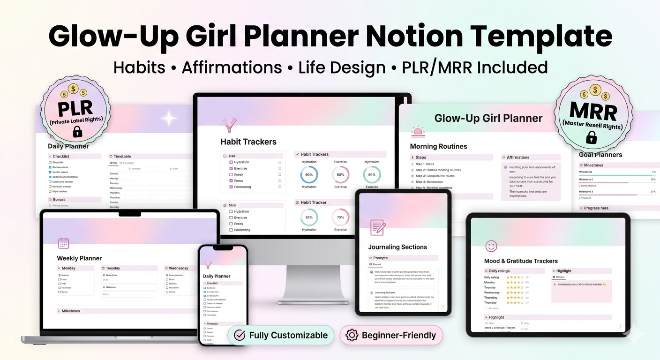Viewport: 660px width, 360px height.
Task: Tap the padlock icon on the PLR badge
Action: point(78,132)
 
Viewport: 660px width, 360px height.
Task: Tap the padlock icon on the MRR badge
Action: point(592,137)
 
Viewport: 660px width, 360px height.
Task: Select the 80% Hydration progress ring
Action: point(309,174)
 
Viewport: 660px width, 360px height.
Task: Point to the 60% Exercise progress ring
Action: point(340,174)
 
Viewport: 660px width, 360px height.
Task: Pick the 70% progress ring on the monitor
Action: point(340,217)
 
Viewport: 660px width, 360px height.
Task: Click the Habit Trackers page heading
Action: point(248,142)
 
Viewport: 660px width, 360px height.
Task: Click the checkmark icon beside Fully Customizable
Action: point(240,335)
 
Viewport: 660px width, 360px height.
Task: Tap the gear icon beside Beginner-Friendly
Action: point(352,335)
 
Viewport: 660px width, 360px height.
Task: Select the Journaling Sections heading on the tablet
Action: point(397,247)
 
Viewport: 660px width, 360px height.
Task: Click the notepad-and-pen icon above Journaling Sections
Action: point(378,227)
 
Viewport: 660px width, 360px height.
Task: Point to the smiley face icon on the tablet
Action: point(491,246)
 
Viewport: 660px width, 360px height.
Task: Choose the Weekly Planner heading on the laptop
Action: point(79,258)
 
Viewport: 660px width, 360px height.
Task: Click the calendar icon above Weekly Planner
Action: point(63,243)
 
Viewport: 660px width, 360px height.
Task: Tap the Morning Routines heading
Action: point(438,146)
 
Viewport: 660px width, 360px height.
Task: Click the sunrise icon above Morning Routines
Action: point(417,131)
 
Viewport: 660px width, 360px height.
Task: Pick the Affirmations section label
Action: point(518,157)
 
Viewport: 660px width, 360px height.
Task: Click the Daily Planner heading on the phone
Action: point(217,276)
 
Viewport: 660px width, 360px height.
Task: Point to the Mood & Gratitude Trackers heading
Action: point(521,261)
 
